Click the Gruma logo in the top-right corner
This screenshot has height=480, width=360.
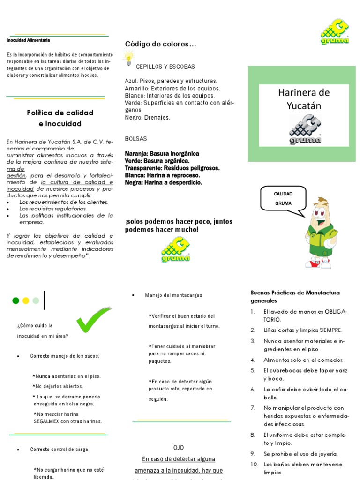pos(334,32)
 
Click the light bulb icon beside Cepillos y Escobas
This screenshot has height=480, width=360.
pos(128,58)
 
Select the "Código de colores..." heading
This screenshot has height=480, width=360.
pos(160,44)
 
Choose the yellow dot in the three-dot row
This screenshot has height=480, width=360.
pos(26,300)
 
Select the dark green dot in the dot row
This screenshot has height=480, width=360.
pos(15,300)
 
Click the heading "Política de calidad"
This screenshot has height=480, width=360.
pos(60,112)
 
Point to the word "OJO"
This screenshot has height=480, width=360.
pos(179,447)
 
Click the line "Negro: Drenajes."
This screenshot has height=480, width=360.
pos(148,117)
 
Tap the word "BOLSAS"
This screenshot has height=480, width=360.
pos(136,139)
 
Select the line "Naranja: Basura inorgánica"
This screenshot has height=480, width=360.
pos(162,153)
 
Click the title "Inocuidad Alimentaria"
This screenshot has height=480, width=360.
pos(28,40)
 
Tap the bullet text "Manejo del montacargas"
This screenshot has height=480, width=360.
pos(173,295)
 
